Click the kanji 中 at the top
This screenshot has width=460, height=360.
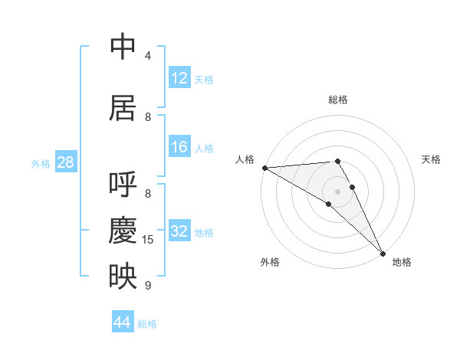pyautogui.click(x=123, y=47)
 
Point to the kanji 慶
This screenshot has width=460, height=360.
pyautogui.click(x=123, y=230)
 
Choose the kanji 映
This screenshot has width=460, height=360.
pyautogui.click(x=123, y=275)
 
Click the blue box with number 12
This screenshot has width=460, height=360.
pyautogui.click(x=179, y=78)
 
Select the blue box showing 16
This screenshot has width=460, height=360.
pyautogui.click(x=179, y=147)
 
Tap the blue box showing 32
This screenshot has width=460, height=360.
pyautogui.click(x=179, y=231)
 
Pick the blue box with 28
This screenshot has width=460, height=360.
pyautogui.click(x=65, y=162)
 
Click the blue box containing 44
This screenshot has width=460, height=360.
pyautogui.click(x=123, y=322)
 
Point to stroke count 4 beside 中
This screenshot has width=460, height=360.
pyautogui.click(x=148, y=56)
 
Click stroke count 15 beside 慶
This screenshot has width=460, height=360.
pyautogui.click(x=148, y=240)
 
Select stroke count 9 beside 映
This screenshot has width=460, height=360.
pyautogui.click(x=148, y=285)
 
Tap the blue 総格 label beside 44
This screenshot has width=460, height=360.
pyautogui.click(x=147, y=324)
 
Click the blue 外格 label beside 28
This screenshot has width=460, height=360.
pyautogui.click(x=40, y=164)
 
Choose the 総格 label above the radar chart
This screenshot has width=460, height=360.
pyautogui.click(x=338, y=100)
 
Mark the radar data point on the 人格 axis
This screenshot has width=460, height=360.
pyautogui.click(x=264, y=167)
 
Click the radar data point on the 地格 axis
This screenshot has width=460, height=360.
pyautogui.click(x=383, y=254)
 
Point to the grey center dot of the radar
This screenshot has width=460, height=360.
pyautogui.click(x=338, y=191)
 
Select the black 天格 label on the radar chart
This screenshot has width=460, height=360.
pyautogui.click(x=432, y=159)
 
